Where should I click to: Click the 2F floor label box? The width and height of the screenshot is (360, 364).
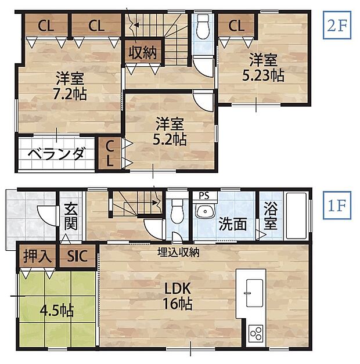click(x=337, y=26)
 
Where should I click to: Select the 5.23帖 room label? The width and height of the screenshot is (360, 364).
click(x=264, y=67)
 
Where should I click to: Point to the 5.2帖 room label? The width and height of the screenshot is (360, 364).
click(x=169, y=131)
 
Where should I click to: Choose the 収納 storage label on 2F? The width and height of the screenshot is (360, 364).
click(x=142, y=53)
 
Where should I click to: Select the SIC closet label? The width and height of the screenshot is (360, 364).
click(x=77, y=255)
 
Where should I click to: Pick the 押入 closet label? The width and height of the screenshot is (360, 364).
click(x=35, y=255)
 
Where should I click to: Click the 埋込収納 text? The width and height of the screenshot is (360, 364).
click(x=179, y=252)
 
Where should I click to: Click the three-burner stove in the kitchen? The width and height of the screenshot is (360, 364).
click(x=255, y=334)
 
